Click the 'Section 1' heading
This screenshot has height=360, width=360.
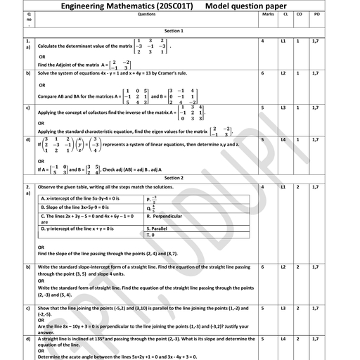click(174, 32)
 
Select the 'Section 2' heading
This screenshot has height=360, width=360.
click(174, 179)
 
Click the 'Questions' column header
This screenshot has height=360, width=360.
click(147, 13)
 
